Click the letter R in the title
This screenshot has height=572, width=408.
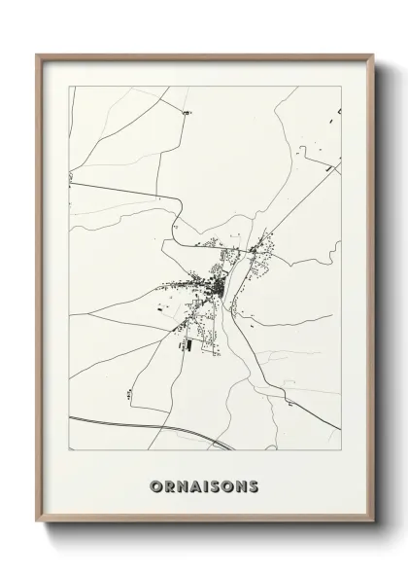168,485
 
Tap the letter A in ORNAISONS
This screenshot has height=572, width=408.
194,485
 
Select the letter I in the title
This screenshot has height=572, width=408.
205,485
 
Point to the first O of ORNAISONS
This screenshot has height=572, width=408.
155,485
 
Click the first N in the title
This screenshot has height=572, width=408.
181,485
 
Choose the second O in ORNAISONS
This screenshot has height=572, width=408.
227,485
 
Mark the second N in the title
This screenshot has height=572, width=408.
241,485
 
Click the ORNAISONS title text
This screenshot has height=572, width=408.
205,485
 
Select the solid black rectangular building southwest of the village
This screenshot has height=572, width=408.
189,343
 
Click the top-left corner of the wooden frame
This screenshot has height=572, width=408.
37,54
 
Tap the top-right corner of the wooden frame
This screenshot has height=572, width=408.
373,54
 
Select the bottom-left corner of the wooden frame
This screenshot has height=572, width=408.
37,522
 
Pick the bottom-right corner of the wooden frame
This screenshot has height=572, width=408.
373,522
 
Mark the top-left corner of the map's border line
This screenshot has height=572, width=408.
69,87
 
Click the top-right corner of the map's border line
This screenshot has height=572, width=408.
341,87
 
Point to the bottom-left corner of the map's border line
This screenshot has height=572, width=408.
69,451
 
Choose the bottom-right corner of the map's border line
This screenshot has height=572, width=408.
341,451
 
